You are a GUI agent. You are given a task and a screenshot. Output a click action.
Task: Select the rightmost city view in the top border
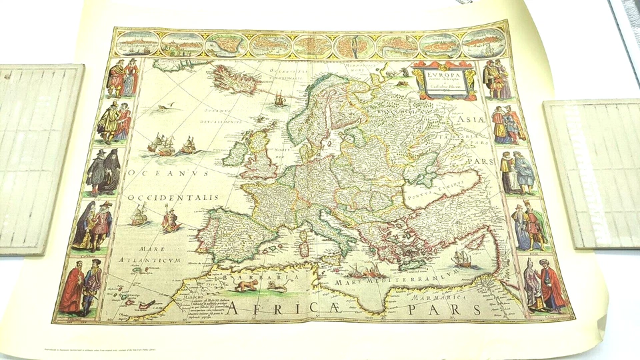482,45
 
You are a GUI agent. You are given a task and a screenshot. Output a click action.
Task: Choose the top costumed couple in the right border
497,79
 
